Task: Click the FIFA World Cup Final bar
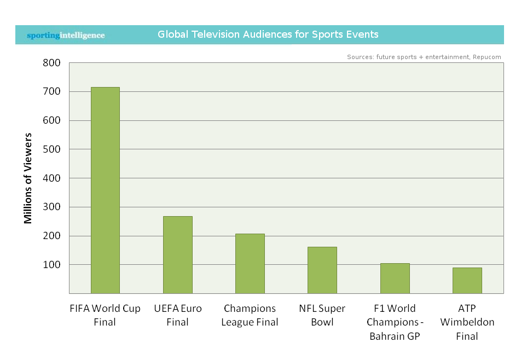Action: [x=105, y=190]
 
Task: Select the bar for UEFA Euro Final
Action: [x=177, y=255]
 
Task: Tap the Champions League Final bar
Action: [x=250, y=264]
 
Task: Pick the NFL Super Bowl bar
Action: [x=322, y=270]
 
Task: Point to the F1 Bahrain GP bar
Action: [x=395, y=278]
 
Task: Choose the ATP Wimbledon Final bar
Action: [x=467, y=281]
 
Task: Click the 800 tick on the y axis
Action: [x=51, y=63]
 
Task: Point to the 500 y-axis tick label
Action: [x=51, y=149]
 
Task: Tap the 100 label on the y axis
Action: [x=51, y=265]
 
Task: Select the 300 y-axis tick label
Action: [x=51, y=207]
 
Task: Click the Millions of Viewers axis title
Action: [x=28, y=178]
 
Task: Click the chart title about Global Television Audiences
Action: [x=268, y=34]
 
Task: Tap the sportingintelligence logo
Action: [x=66, y=36]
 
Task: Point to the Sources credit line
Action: [x=424, y=57]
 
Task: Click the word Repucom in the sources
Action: [x=487, y=57]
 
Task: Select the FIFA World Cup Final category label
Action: [x=105, y=315]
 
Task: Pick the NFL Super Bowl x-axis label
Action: [x=322, y=315]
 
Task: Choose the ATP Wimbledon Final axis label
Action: [x=467, y=322]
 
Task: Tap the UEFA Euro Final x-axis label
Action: [x=177, y=315]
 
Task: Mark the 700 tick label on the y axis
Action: [x=51, y=92]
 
